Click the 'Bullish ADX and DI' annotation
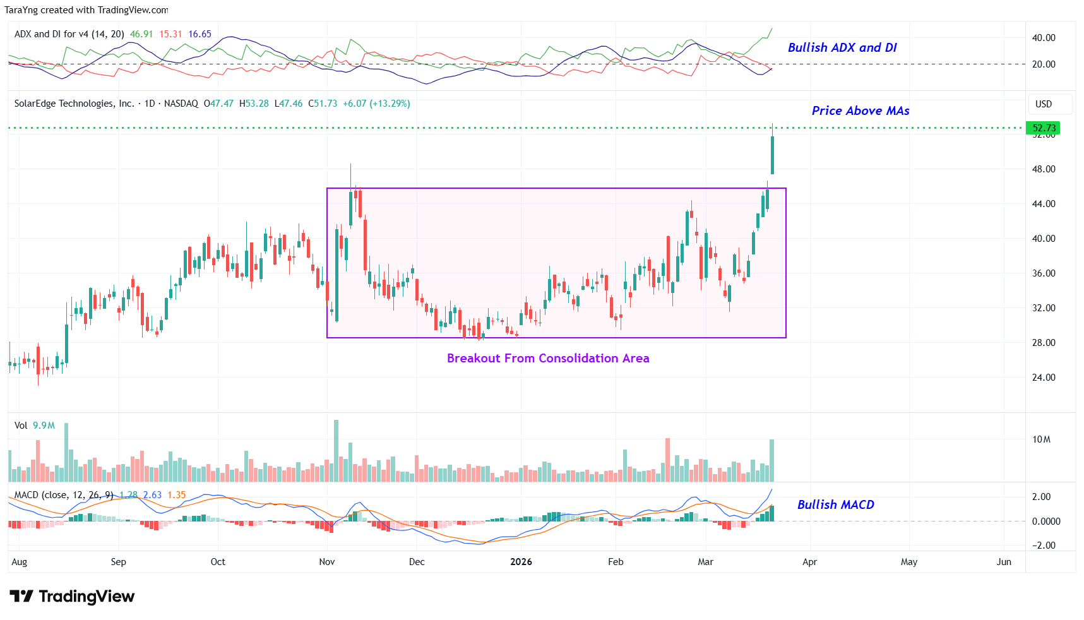[842, 48]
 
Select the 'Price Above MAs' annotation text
[860, 111]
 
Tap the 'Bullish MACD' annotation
[835, 504]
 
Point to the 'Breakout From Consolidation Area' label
[547, 359]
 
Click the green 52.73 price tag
[1043, 128]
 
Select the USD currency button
[1043, 104]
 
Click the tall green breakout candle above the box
[772, 155]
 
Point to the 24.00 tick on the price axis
[1043, 378]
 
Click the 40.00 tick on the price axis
[1043, 239]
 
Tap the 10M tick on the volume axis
[1041, 439]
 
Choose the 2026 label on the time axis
[521, 562]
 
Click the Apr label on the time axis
[809, 562]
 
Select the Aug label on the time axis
[20, 562]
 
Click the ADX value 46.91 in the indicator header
[141, 34]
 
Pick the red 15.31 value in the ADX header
[170, 34]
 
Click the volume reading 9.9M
[44, 426]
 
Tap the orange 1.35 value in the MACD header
[177, 495]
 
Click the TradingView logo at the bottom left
[72, 597]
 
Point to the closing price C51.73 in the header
[323, 104]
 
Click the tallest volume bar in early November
[336, 451]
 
